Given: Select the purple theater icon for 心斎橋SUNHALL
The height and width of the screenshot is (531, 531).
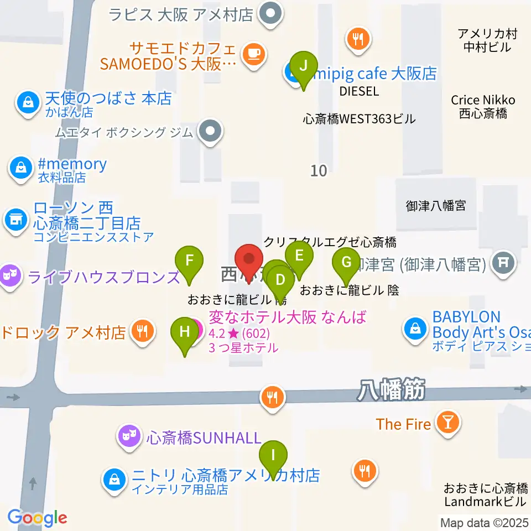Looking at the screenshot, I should (x=129, y=438).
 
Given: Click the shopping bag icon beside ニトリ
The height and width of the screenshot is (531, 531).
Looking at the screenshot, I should (x=114, y=479).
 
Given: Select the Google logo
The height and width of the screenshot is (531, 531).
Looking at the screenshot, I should (x=37, y=518).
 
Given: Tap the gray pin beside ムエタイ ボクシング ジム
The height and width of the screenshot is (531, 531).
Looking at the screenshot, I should (x=211, y=132).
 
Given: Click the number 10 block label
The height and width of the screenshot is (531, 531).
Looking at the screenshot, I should (x=319, y=170).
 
